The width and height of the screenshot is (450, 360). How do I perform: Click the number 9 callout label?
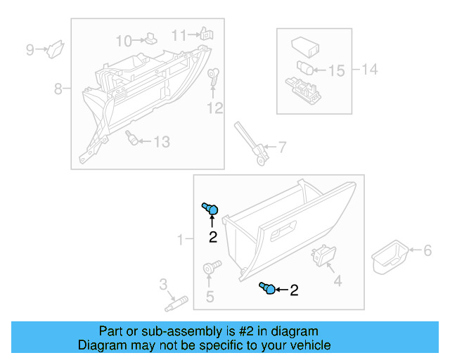(30, 49)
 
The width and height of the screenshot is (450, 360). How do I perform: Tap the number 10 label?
(124, 40)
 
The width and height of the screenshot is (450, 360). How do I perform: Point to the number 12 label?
(214, 108)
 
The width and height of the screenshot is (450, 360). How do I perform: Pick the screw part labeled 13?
(131, 138)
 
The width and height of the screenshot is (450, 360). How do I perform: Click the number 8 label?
(58, 89)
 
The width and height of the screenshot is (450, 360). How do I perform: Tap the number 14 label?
(369, 69)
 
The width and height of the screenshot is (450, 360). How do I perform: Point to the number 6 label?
(426, 250)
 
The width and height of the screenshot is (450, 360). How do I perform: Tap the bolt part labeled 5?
(211, 267)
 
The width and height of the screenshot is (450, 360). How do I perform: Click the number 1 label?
(180, 240)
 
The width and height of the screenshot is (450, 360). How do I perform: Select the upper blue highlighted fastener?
(210, 208)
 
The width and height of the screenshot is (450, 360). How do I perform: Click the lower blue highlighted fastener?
(267, 288)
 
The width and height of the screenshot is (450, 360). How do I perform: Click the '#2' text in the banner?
(243, 331)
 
